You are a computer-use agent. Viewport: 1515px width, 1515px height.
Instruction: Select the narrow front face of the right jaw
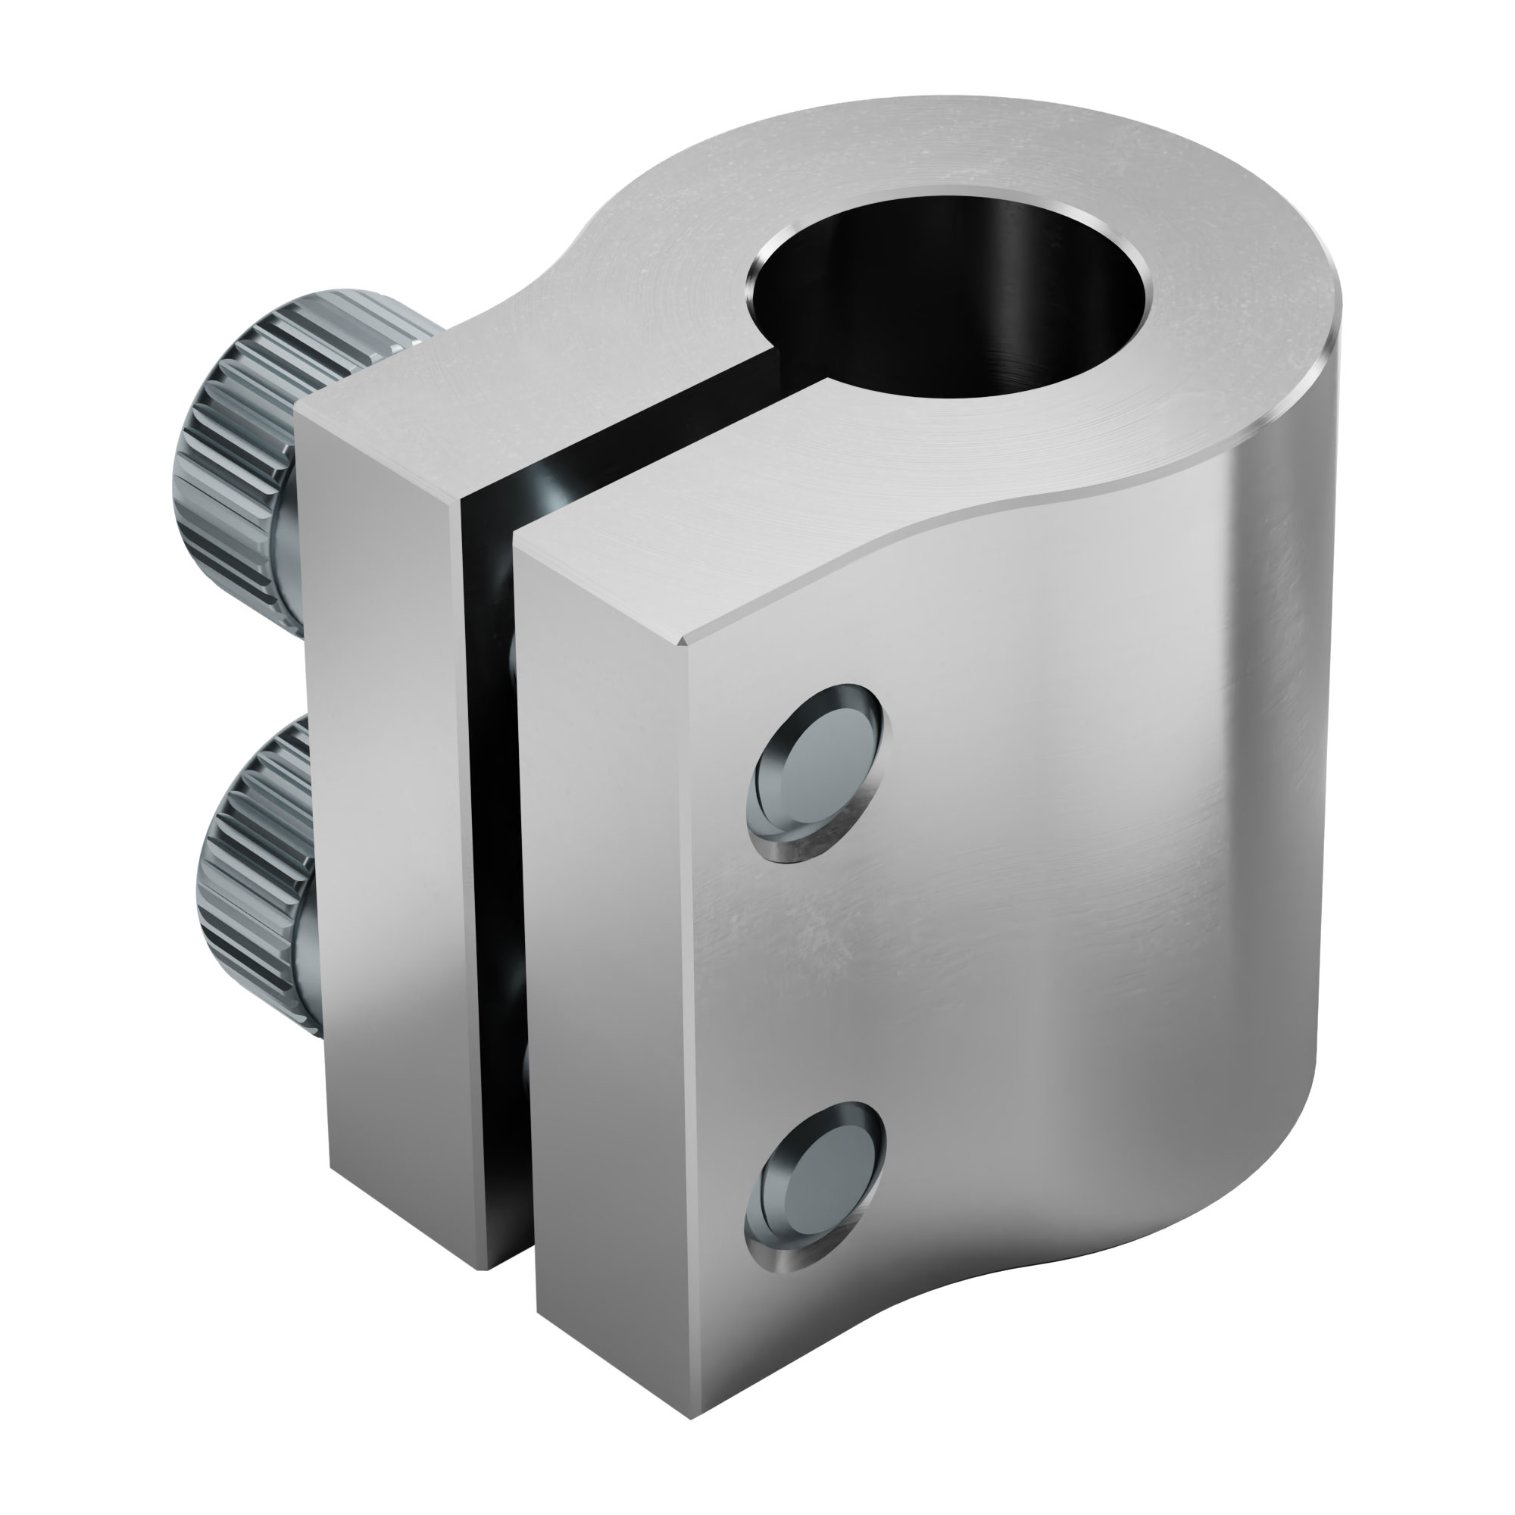pos(604,980)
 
